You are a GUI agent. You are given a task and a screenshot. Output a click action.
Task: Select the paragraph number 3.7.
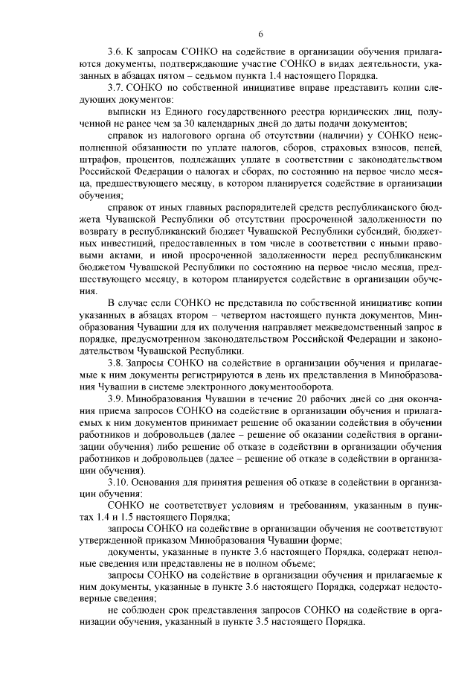point(116,88)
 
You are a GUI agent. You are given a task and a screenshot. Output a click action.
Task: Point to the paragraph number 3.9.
point(116,399)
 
